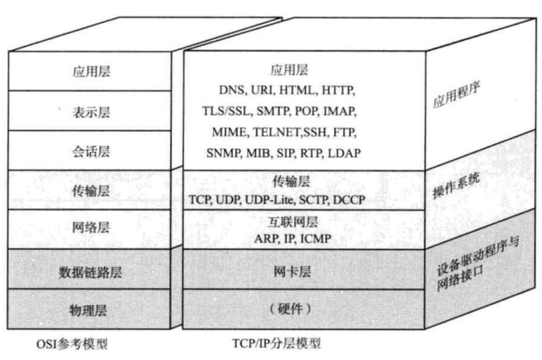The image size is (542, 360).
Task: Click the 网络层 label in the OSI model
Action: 91,228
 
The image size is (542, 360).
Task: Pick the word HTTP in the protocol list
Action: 338,90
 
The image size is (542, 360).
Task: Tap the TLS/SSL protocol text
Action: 227,111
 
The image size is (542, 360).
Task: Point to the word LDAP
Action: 344,153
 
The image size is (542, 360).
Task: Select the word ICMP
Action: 316,239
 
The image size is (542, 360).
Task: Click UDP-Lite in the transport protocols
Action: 267,199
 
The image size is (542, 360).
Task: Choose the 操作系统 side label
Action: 456,185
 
